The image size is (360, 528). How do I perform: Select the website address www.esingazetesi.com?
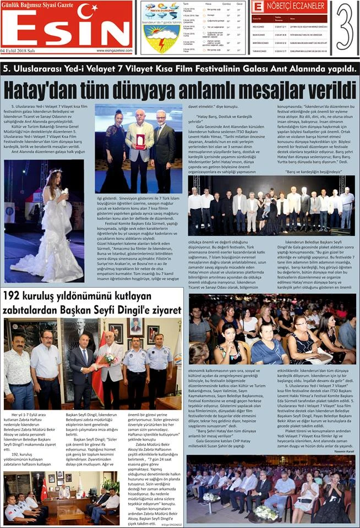click(114, 50)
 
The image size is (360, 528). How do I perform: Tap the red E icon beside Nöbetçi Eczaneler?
click(257, 7)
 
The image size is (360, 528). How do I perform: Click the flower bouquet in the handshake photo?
click(110, 358)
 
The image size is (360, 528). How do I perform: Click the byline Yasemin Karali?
click(343, 452)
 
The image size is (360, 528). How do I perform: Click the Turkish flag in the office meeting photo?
click(44, 488)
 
